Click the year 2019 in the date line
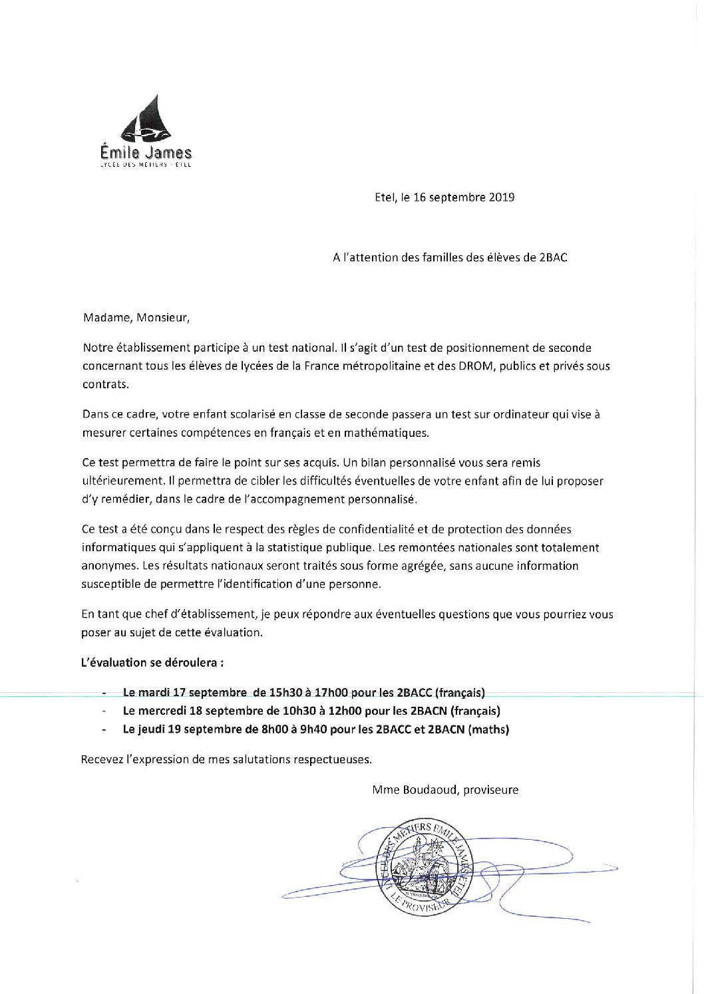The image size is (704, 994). [x=502, y=197]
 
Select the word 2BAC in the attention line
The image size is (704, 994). [x=553, y=257]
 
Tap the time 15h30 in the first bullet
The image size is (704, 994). [x=285, y=692]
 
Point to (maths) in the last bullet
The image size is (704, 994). [x=488, y=729]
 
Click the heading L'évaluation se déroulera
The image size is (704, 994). [x=152, y=662]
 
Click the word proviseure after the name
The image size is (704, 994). [x=490, y=790]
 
